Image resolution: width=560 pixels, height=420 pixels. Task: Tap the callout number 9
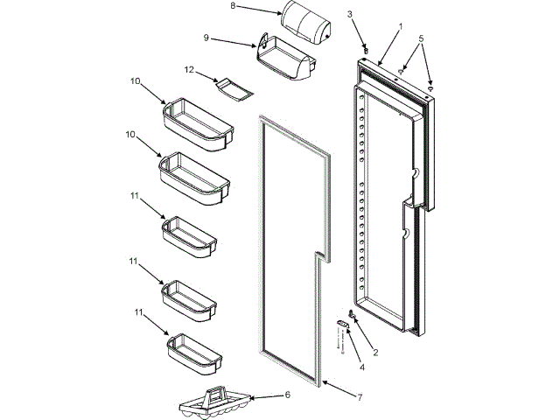pyautogui.click(x=206, y=38)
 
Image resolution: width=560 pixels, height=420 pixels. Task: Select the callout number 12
pyautogui.click(x=188, y=69)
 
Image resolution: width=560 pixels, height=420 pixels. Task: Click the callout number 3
pyautogui.click(x=349, y=14)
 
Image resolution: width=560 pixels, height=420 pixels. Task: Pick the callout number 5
pyautogui.click(x=421, y=38)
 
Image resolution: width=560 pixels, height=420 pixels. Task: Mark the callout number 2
pyautogui.click(x=375, y=353)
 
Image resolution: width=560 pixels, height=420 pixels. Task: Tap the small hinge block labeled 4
pyautogui.click(x=342, y=325)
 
